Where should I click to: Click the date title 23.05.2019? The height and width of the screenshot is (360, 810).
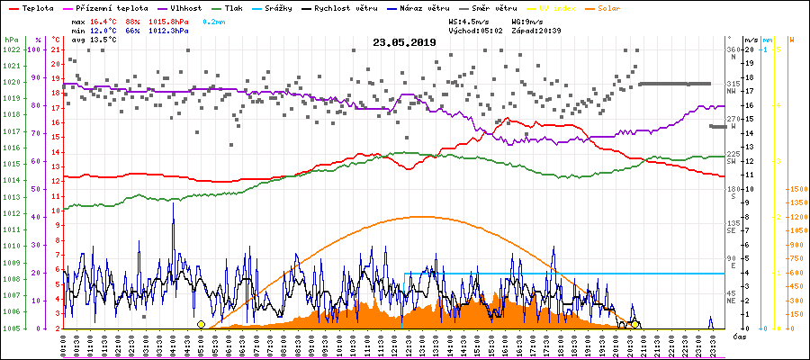(404, 42)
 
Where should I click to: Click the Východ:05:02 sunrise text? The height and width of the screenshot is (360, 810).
(458, 30)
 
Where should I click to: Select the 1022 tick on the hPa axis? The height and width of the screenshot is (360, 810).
(11, 49)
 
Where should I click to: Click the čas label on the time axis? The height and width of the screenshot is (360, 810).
(737, 337)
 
